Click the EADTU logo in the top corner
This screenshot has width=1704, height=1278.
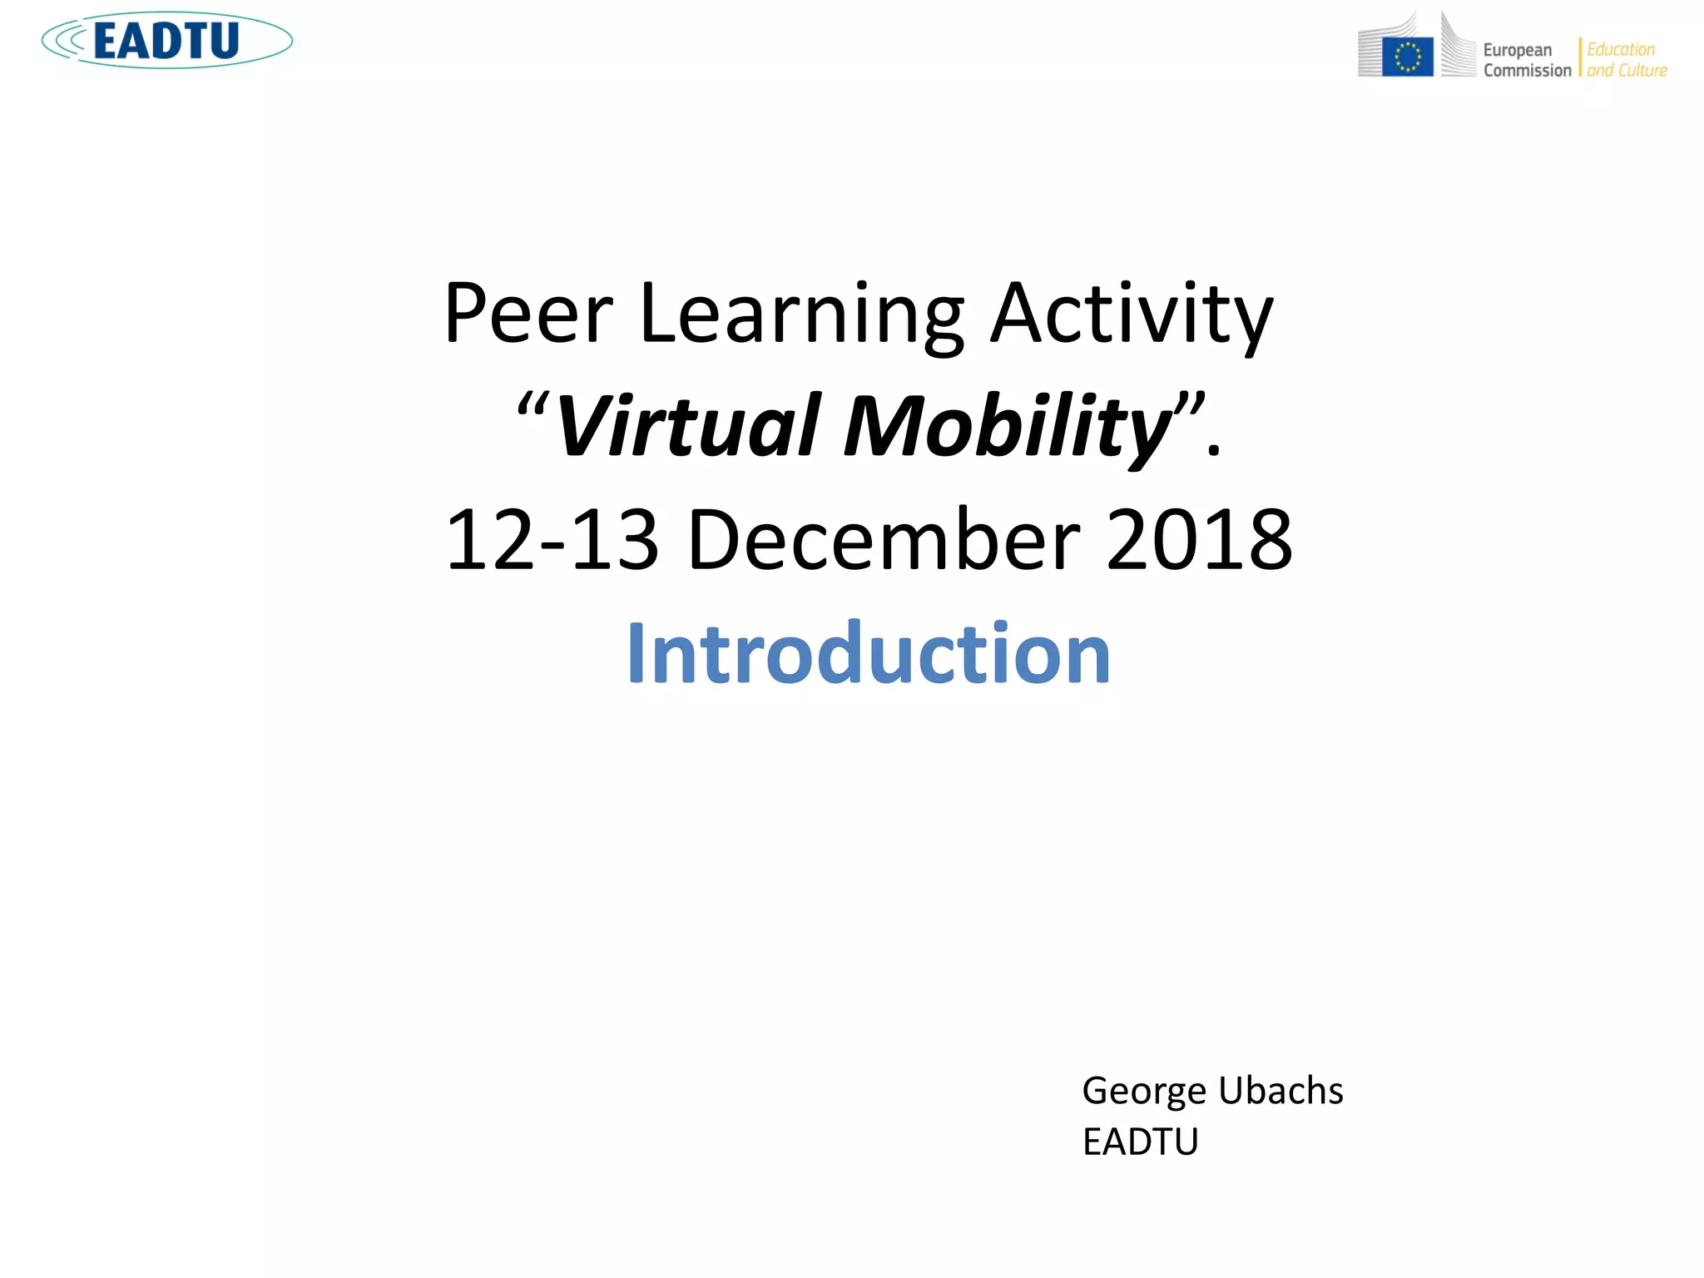click(166, 40)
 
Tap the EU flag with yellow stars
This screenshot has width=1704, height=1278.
click(1407, 57)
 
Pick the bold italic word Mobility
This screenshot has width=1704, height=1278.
click(1007, 428)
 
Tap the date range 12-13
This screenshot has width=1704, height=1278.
click(552, 541)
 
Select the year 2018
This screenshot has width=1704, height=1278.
click(1200, 541)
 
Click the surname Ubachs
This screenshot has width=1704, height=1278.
click(1280, 1091)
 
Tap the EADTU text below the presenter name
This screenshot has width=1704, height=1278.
click(1140, 1142)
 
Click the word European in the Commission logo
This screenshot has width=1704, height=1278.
click(1517, 51)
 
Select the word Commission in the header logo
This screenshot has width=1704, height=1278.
click(1527, 71)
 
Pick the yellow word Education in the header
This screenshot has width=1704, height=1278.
click(1621, 50)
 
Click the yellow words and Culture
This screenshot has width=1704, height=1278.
click(1627, 71)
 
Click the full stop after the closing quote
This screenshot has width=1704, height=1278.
click(1214, 452)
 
